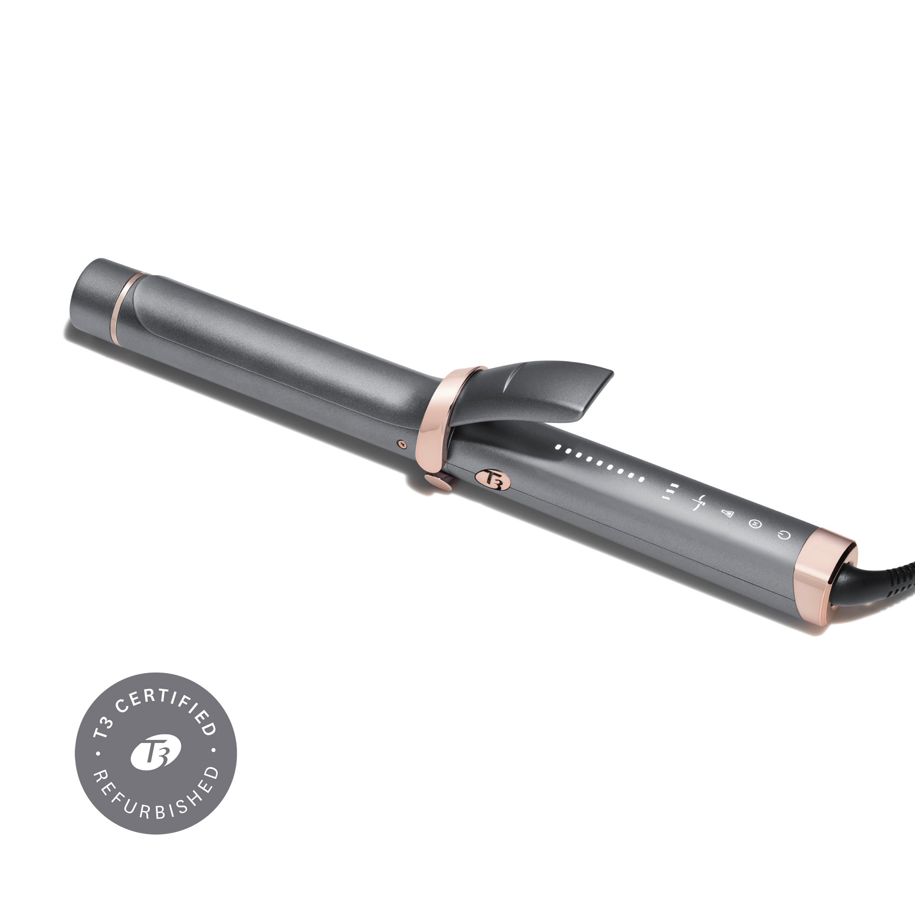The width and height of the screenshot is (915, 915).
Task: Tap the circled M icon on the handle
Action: pyautogui.click(x=754, y=523)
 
